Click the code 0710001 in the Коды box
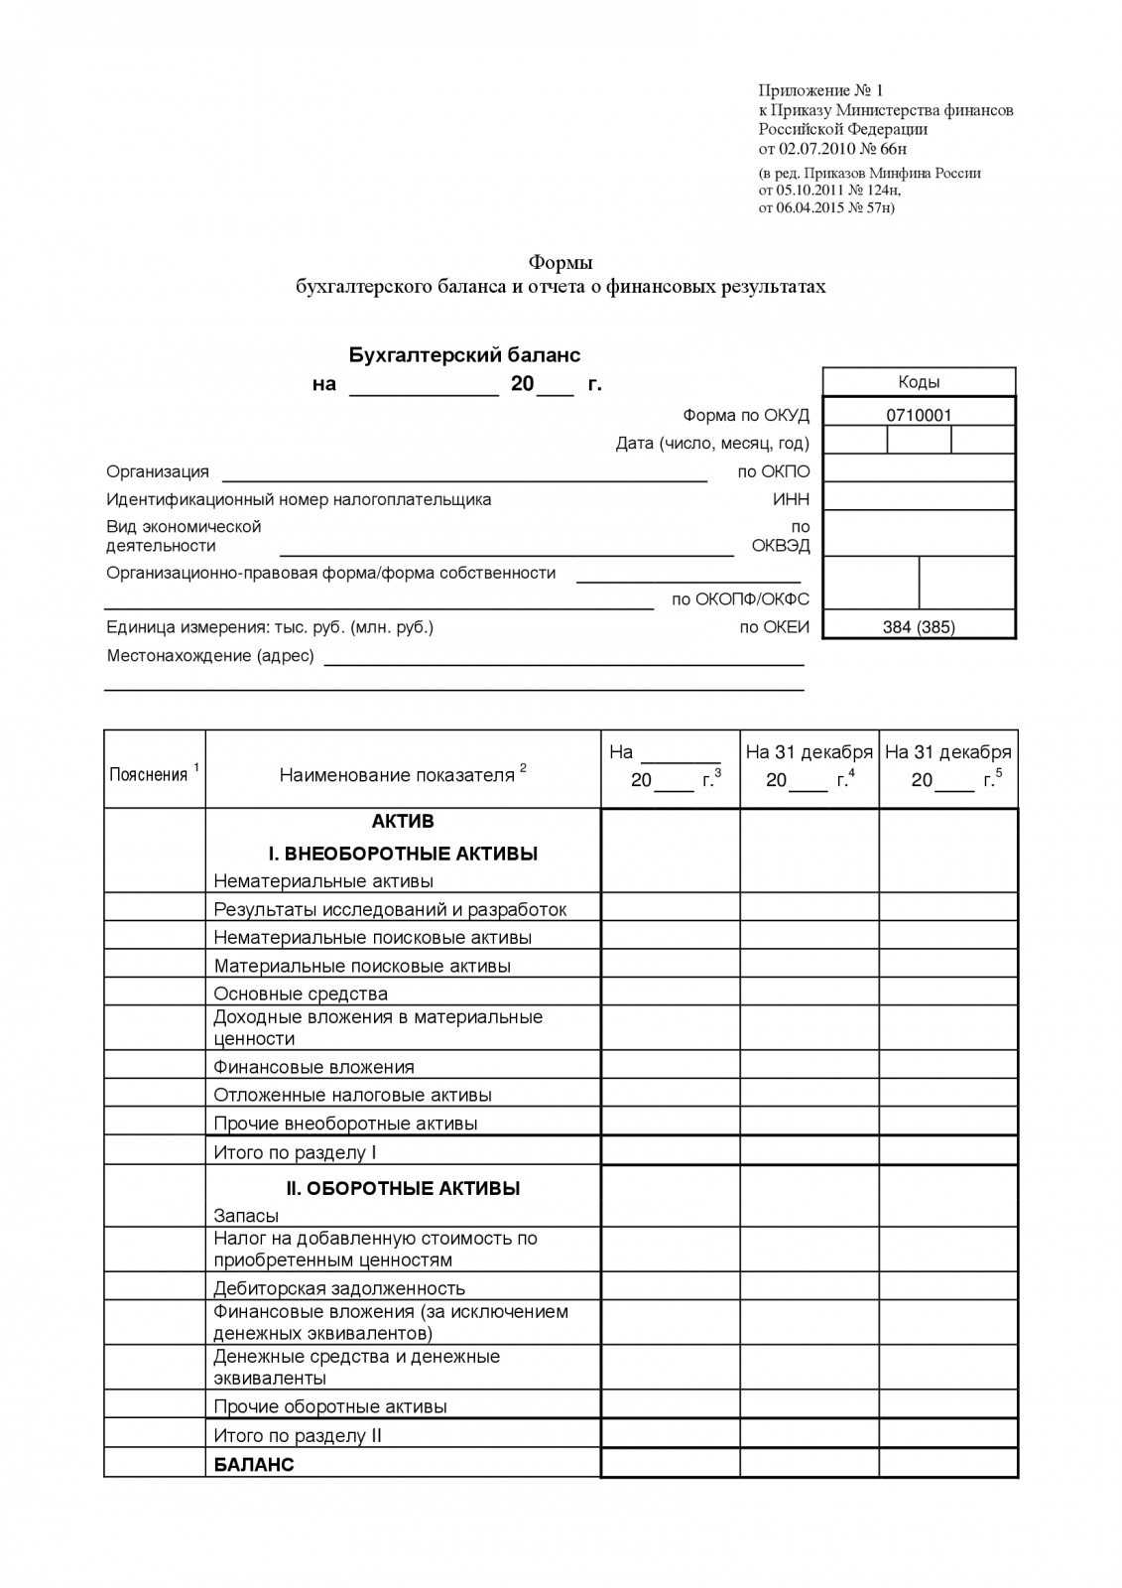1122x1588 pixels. coord(919,415)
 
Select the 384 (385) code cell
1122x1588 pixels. coord(919,627)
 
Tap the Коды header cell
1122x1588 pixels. coord(919,382)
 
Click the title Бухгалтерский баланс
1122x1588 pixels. coord(464,354)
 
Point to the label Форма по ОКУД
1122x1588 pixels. coord(746,415)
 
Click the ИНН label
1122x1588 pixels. coord(791,499)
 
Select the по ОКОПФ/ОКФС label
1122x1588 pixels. coord(740,599)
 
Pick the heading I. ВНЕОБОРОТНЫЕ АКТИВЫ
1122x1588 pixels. coord(403,854)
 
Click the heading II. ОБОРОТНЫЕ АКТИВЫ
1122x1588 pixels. coord(403,1188)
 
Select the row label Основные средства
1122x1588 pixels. coord(301,993)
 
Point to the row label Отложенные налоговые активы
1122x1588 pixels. coord(352,1095)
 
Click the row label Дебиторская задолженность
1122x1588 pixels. coord(339,1288)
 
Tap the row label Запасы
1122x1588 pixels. coord(246,1216)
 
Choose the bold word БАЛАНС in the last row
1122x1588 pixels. coord(254,1464)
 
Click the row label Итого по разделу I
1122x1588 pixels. coord(295,1152)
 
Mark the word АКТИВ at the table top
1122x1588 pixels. coord(403,821)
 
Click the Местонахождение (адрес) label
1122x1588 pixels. coord(210,656)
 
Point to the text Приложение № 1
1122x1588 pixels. coord(820,91)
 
